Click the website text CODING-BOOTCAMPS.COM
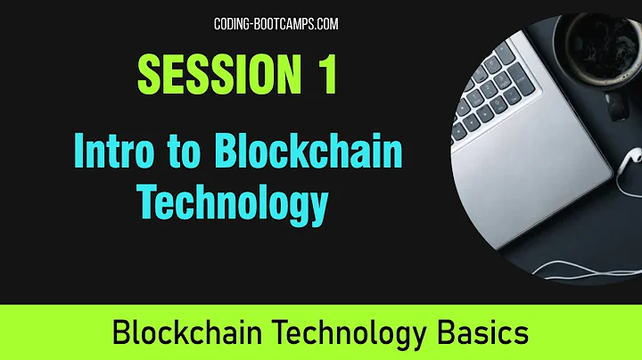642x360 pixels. click(276, 24)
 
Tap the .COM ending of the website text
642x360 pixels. click(324, 24)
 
